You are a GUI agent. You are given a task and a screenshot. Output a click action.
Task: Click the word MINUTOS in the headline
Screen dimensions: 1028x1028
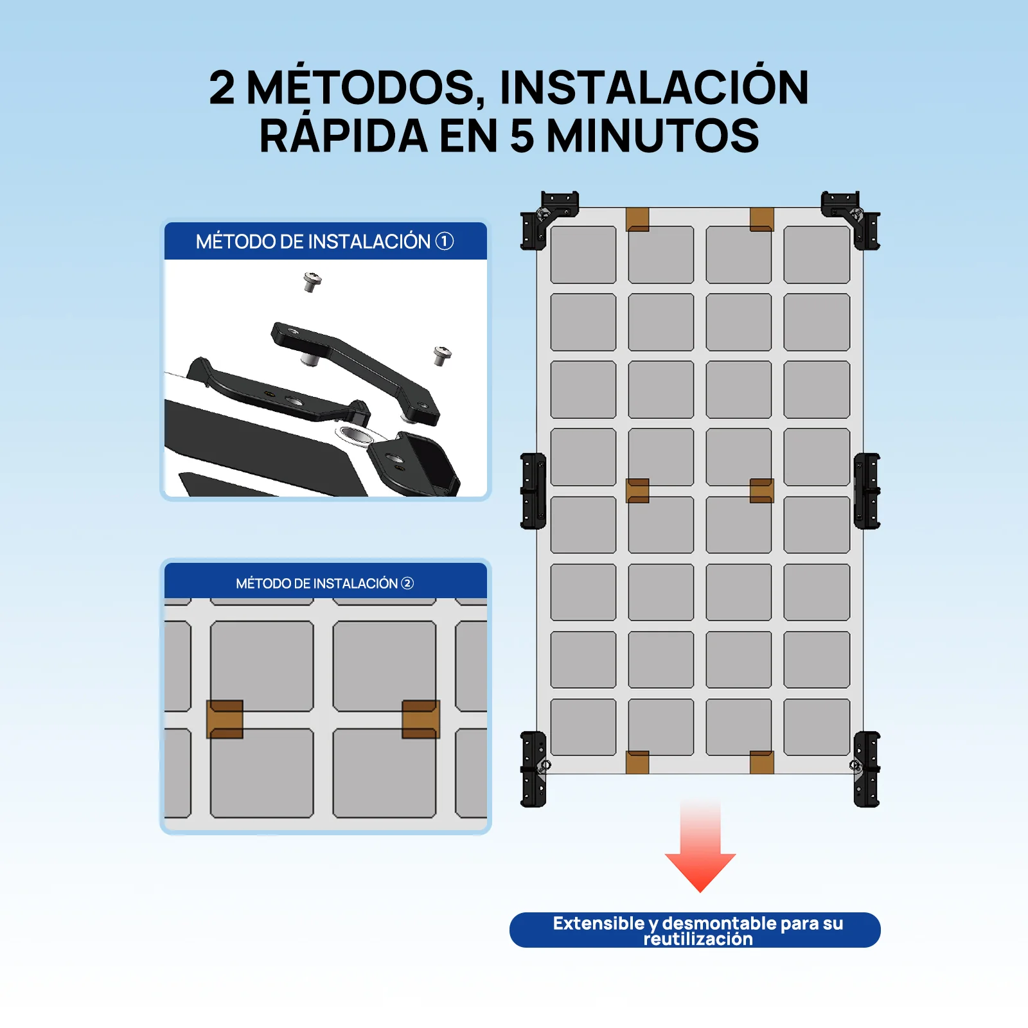point(652,136)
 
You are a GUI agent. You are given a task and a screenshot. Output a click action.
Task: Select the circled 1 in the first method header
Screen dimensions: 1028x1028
point(445,241)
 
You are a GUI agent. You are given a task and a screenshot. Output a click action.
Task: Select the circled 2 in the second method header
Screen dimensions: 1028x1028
point(407,583)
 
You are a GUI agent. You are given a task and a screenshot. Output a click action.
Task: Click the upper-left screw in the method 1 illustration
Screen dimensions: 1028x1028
point(312,281)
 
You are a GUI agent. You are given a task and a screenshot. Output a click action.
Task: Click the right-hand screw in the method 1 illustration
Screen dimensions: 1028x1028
point(442,354)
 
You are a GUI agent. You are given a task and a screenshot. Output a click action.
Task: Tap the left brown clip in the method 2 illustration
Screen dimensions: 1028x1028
point(225,719)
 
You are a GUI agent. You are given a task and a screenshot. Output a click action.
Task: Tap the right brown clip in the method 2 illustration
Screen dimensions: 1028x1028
point(421,719)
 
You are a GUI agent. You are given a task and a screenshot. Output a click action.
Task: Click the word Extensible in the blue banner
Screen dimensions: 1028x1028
point(598,923)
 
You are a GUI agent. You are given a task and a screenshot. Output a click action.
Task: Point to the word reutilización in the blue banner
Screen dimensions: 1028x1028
point(698,939)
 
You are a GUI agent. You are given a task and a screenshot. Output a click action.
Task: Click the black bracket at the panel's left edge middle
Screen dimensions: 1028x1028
point(533,491)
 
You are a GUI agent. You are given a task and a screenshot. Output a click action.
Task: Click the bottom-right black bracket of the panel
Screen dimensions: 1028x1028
point(866,768)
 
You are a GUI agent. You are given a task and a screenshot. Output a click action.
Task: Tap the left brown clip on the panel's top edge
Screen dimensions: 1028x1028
point(637,219)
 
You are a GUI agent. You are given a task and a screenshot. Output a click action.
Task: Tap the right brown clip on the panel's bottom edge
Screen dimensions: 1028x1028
point(761,762)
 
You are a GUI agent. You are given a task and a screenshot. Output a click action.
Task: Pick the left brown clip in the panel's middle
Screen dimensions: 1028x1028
point(637,491)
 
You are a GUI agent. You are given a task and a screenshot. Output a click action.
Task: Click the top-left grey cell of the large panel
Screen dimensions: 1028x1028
point(583,254)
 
